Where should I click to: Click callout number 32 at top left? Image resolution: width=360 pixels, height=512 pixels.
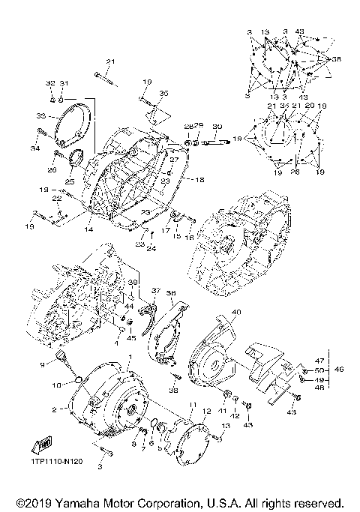point(51,82)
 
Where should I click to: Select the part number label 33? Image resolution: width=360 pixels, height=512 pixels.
point(41,116)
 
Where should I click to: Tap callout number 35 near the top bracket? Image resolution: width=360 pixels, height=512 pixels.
point(164,93)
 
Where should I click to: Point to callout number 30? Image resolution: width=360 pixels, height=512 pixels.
point(217,126)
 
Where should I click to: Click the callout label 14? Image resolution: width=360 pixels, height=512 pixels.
point(88,229)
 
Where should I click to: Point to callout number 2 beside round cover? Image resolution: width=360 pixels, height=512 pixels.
point(54,410)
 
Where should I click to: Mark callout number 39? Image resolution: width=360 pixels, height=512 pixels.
point(132,282)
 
